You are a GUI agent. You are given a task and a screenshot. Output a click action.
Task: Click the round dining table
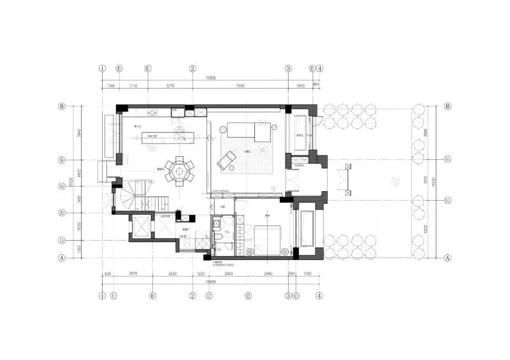tap(180, 170)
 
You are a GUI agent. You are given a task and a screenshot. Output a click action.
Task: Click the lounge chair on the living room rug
tap(226, 160)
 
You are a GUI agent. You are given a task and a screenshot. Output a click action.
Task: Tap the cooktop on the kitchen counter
tap(153, 113)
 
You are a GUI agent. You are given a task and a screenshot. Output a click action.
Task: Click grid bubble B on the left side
tap(62, 106)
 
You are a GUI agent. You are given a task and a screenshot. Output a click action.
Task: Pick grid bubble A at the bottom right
tap(448, 258)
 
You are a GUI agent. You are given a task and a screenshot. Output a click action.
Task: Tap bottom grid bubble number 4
tap(319, 296)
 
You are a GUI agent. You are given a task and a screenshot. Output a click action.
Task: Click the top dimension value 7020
tap(240, 85)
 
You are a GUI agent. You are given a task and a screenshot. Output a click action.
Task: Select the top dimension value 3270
tap(170, 85)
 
